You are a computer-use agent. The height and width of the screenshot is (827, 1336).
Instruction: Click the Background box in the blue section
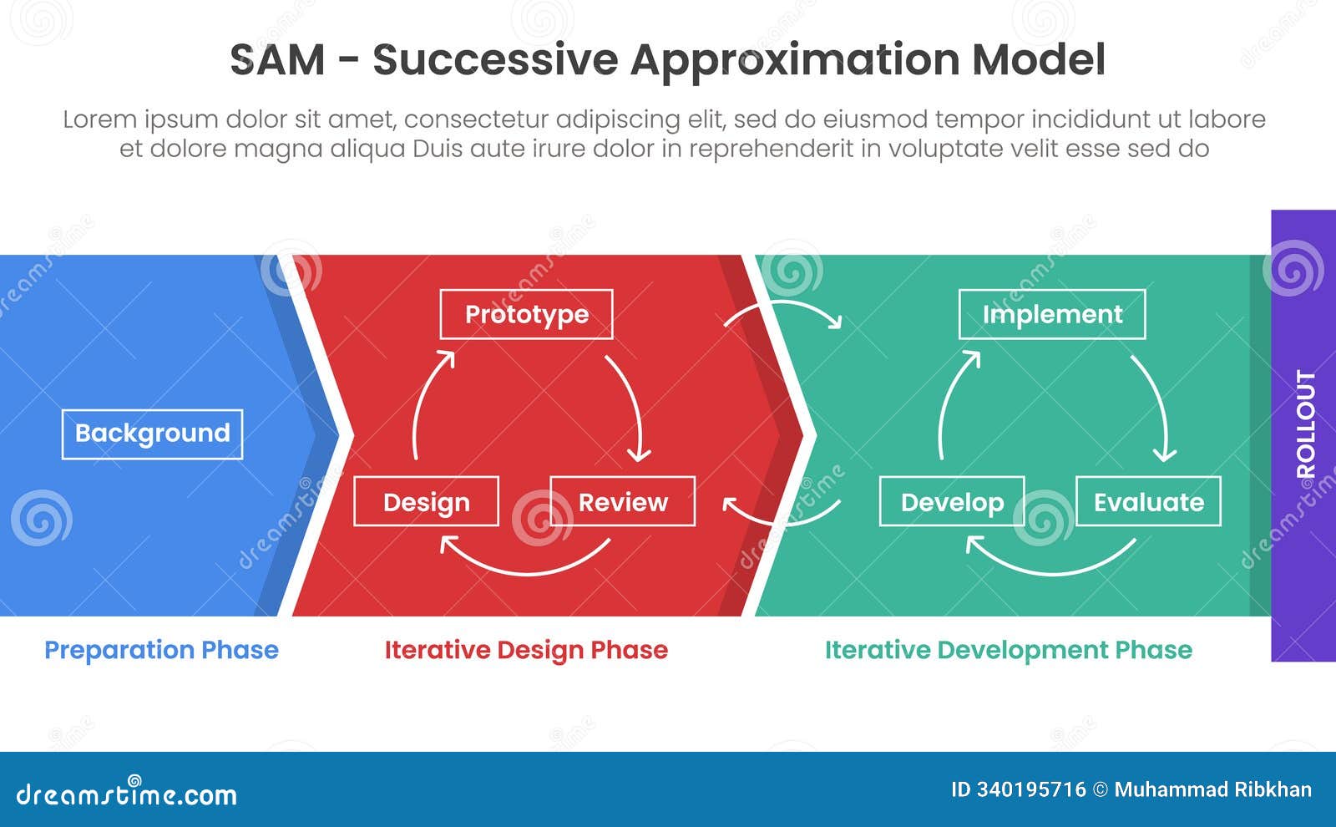click(152, 434)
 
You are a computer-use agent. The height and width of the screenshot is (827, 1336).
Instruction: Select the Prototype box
click(526, 314)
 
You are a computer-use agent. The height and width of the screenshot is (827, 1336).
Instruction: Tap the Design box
click(426, 501)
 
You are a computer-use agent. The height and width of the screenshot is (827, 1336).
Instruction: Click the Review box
click(623, 501)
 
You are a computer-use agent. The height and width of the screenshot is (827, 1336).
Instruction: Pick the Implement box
click(1051, 314)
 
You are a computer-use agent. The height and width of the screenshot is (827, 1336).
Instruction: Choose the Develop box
click(952, 501)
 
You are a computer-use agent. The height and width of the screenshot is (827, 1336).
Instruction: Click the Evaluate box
click(1148, 501)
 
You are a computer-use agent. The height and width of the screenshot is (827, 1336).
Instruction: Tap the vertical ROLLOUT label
click(1304, 424)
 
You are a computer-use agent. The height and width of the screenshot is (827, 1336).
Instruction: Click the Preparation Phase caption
click(161, 650)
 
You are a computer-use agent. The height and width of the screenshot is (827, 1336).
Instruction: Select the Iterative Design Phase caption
click(526, 650)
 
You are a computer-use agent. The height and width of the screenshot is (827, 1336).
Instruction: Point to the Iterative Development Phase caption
click(1008, 650)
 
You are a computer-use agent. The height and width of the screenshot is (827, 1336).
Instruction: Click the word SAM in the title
click(276, 60)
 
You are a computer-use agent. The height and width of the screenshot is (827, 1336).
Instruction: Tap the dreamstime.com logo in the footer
click(126, 793)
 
